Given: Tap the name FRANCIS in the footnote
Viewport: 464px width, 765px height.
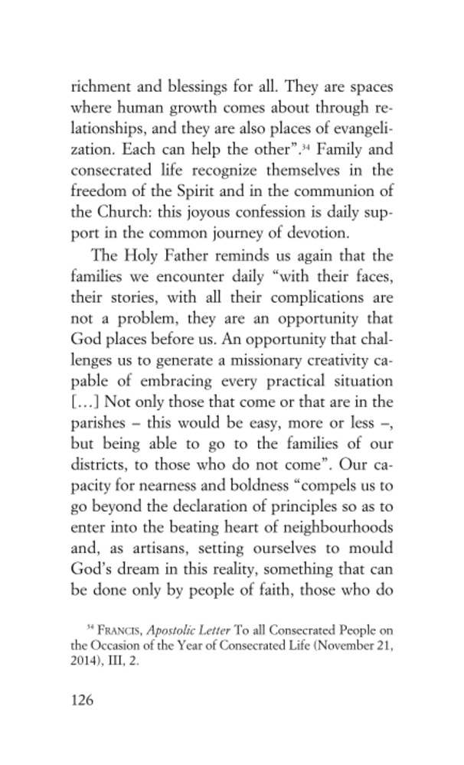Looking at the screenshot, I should coord(122,630).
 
